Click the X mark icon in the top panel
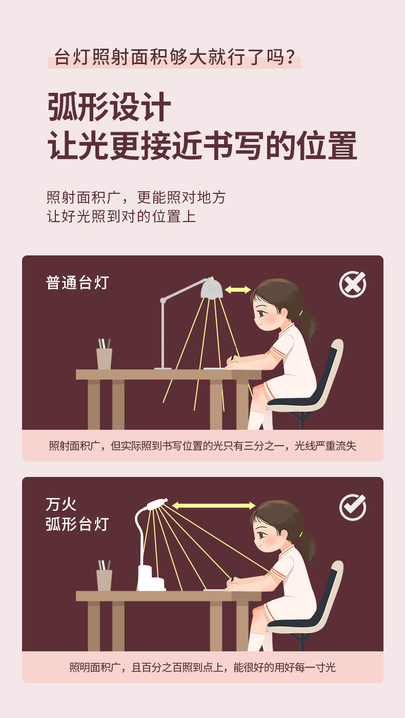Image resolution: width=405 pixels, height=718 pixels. [353, 284]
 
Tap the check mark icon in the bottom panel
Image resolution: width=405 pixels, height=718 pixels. [353, 507]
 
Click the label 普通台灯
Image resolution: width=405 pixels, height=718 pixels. [77, 283]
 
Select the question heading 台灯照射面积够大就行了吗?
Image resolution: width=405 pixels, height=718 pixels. [174, 57]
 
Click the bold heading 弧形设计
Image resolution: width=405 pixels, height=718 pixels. [109, 107]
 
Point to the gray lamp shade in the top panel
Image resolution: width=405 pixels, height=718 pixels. [211, 288]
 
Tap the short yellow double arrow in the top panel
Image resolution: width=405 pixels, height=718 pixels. [237, 290]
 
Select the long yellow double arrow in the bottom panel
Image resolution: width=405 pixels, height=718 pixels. [214, 506]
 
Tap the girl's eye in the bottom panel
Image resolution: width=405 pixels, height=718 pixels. [262, 535]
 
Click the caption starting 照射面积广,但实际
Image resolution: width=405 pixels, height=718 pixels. [202, 446]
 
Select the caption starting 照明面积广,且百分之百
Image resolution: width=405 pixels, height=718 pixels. [202, 667]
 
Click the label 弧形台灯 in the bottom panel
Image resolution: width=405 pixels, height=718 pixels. [77, 524]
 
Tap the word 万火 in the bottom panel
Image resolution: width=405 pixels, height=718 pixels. [61, 505]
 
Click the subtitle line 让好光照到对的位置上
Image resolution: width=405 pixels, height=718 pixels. [121, 216]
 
